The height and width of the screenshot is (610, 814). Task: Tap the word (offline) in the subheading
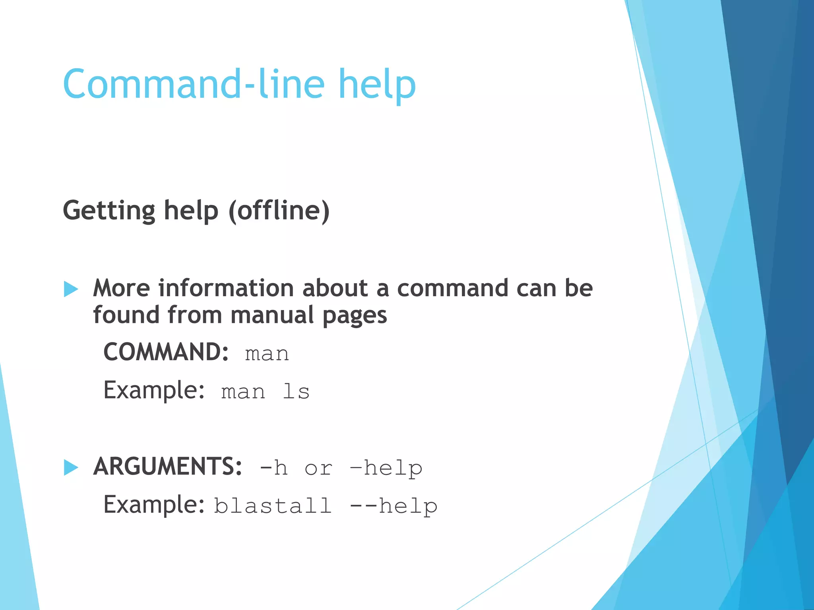click(x=279, y=210)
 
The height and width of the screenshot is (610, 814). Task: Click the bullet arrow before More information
click(x=71, y=289)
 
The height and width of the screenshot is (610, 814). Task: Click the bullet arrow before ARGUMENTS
click(x=71, y=467)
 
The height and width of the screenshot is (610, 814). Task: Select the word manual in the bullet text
click(x=272, y=315)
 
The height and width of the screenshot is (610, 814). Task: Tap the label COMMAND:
click(x=166, y=352)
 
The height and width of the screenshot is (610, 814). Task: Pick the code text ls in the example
click(x=296, y=392)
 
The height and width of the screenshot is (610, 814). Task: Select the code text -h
click(x=273, y=468)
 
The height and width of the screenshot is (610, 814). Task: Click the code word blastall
click(x=273, y=506)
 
